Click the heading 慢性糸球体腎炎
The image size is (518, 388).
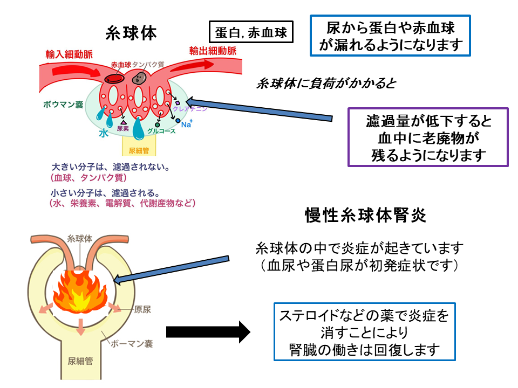[365, 216]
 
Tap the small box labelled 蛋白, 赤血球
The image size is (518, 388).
[251, 33]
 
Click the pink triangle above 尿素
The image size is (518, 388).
[123, 122]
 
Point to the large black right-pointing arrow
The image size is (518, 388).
[208, 331]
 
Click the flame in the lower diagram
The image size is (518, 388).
[81, 291]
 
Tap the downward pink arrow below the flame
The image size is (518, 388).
[81, 326]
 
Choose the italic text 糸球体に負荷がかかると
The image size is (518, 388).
[326, 84]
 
